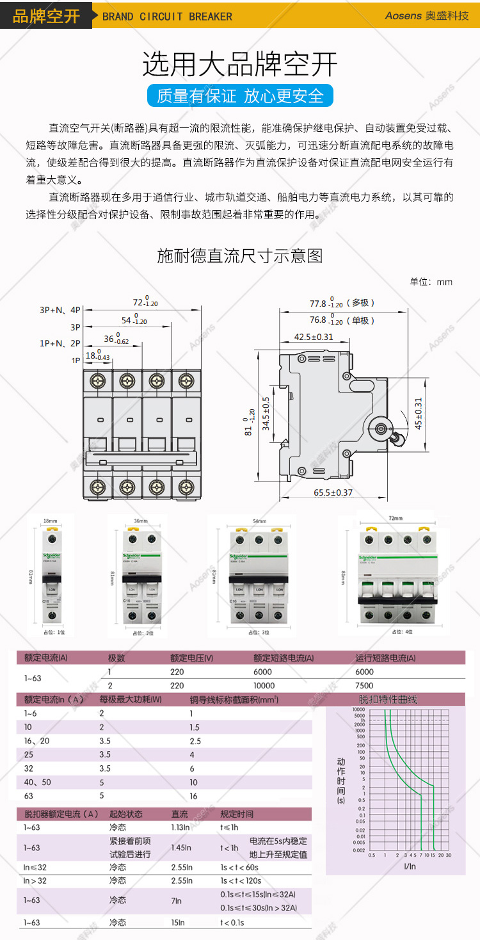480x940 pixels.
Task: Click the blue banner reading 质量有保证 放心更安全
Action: (x=240, y=96)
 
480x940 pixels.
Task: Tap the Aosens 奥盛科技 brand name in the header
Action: (x=426, y=15)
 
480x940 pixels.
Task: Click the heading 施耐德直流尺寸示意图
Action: (x=240, y=256)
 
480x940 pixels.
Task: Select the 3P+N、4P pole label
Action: (x=60, y=310)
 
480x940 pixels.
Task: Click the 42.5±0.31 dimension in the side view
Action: (x=314, y=337)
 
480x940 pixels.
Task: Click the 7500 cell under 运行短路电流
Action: (x=365, y=685)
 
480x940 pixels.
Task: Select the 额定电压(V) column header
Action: (x=191, y=658)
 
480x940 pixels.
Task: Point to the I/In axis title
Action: (x=410, y=866)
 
